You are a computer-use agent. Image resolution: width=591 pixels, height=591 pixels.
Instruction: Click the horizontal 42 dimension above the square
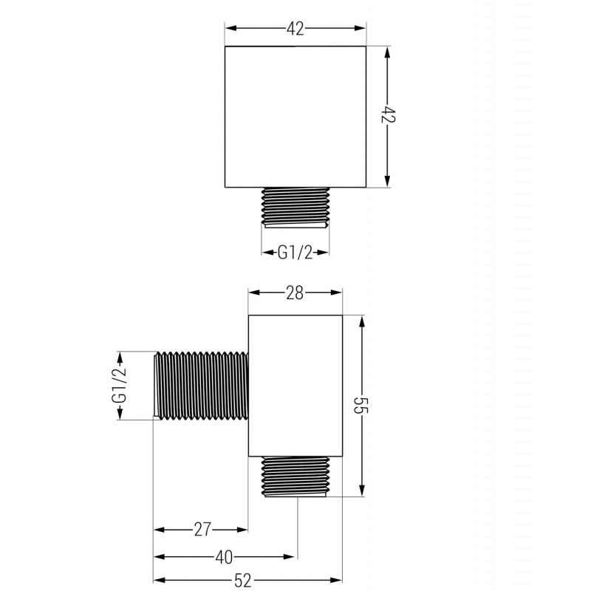pyautogui.click(x=295, y=29)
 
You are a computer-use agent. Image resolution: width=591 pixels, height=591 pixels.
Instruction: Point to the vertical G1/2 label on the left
pyautogui.click(x=118, y=385)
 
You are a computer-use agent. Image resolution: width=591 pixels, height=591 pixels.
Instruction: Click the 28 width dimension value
pyautogui.click(x=295, y=293)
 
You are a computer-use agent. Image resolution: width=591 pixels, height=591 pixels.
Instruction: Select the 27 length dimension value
pyautogui.click(x=202, y=529)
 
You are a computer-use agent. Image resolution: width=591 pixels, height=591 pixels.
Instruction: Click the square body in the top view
pyautogui.click(x=295, y=117)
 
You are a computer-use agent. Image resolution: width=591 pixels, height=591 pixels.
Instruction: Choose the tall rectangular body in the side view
pyautogui.click(x=295, y=384)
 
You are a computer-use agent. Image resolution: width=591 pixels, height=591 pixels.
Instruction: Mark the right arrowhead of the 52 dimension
pyautogui.click(x=338, y=580)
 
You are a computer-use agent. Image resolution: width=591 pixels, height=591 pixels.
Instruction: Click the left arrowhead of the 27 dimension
pyautogui.click(x=159, y=529)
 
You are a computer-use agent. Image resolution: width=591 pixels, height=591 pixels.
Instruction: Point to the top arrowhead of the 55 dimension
pyautogui.click(x=361, y=322)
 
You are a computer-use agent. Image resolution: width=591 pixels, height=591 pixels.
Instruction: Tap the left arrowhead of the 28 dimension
pyautogui.click(x=253, y=293)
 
